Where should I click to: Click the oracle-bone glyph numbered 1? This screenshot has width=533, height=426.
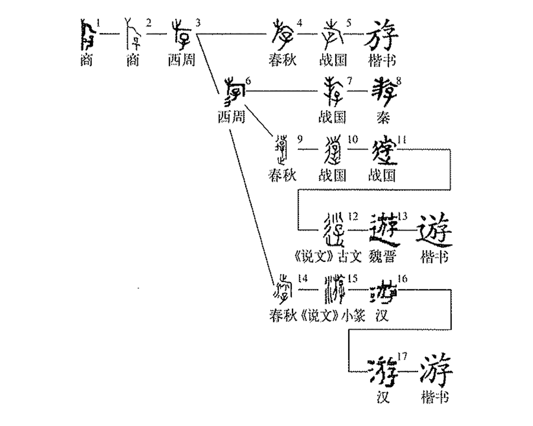point(88,36)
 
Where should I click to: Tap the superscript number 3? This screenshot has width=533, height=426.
point(198,23)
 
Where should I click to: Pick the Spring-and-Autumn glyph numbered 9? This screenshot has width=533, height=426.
point(282,150)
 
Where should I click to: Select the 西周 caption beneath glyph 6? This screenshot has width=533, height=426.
point(231,117)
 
